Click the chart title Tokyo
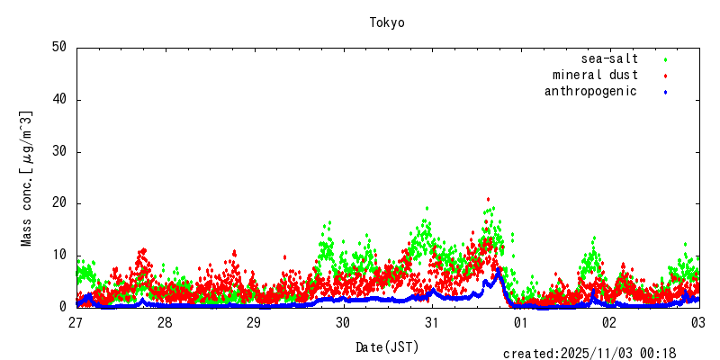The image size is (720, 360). [387, 22]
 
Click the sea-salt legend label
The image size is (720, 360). [609, 58]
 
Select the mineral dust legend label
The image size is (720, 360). [595, 75]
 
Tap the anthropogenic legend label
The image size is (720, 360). [590, 91]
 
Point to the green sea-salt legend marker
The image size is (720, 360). [665, 59]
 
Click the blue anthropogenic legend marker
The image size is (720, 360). [665, 92]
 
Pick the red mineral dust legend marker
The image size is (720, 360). [665, 76]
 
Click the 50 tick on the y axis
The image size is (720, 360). [59, 48]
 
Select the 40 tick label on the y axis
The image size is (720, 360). [59, 100]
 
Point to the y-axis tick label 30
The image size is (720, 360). [59, 151]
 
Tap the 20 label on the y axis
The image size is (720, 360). [59, 203]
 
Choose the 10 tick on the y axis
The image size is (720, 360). [59, 255]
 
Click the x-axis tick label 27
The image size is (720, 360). [76, 322]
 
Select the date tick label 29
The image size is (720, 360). [254, 322]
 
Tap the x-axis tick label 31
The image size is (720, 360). [432, 322]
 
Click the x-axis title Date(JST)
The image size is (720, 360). [387, 346]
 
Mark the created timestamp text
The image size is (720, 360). [589, 354]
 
